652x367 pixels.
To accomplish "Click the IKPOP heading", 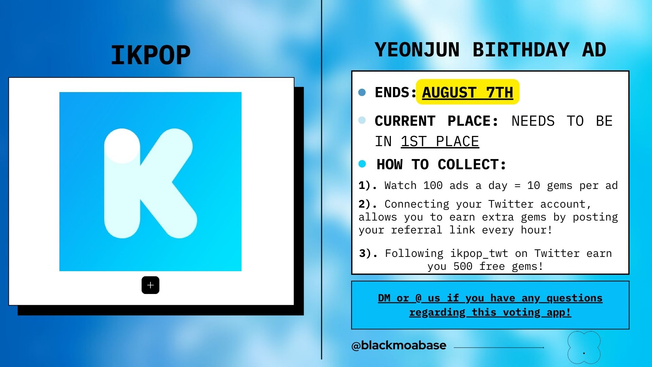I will (150, 55).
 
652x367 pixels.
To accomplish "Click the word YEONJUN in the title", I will (417, 50).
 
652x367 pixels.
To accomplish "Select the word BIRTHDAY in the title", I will (521, 50).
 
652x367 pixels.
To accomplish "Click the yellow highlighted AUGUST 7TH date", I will (467, 92).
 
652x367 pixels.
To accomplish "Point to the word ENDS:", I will (395, 92).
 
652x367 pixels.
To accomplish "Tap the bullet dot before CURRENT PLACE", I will (362, 120).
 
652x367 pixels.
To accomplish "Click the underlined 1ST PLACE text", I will (440, 142).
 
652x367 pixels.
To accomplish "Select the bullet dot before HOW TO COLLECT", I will (362, 164).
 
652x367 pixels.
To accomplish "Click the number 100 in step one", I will (433, 186).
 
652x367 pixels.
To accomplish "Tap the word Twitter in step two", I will (511, 204).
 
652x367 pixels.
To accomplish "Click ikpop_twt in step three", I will (479, 254).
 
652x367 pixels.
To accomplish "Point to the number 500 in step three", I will (463, 266).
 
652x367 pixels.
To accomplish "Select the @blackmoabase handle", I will (399, 346).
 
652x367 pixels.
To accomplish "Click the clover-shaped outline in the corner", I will (584, 347).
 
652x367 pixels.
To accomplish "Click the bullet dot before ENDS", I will (362, 92).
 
